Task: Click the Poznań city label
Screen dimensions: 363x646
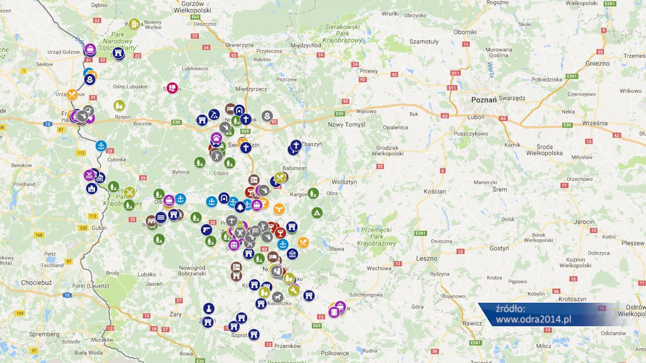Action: tap(484, 100)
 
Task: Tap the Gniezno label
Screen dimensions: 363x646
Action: tap(597, 63)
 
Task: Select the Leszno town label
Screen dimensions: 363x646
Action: tap(426, 258)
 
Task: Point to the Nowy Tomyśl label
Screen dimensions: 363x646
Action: tap(346, 125)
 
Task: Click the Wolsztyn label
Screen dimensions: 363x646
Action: tap(344, 182)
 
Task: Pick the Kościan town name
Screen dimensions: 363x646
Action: tap(434, 191)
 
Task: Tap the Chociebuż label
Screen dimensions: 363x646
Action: tap(36, 282)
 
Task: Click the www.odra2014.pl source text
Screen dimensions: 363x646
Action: tap(533, 320)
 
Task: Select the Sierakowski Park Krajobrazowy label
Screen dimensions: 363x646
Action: tap(342, 33)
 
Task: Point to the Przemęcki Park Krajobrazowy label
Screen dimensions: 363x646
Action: tap(376, 236)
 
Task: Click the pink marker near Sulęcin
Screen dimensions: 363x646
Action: tap(172, 88)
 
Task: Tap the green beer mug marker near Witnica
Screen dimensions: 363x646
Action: tap(134, 24)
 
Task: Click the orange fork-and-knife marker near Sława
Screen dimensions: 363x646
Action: tap(303, 242)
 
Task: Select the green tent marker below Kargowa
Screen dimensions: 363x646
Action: tap(317, 213)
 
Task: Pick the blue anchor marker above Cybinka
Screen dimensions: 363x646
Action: tap(101, 146)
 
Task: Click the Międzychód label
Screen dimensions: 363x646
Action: tap(306, 45)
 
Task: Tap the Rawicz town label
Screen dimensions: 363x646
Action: tap(472, 323)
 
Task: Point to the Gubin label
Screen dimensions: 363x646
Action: tap(99, 228)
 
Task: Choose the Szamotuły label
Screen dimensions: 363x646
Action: tap(424, 41)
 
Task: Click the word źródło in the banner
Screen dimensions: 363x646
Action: tap(510, 309)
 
